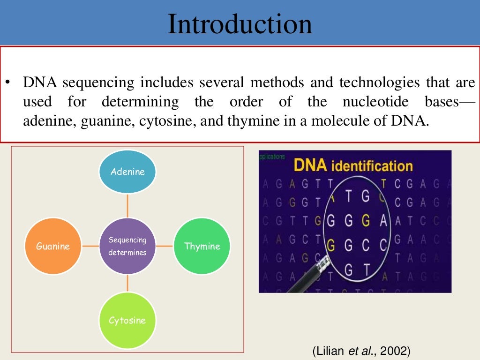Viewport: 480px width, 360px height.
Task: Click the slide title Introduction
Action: point(240,24)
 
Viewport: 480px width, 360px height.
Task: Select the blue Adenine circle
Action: point(127,172)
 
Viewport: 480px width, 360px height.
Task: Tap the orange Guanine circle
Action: point(53,246)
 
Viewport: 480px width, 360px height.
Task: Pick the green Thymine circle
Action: point(202,246)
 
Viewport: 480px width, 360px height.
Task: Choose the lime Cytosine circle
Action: point(127,321)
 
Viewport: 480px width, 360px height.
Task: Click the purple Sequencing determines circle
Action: point(127,246)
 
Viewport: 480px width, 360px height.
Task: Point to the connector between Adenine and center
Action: point(127,205)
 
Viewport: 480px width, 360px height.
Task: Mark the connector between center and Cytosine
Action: point(127,283)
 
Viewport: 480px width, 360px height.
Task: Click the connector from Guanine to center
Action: point(90,246)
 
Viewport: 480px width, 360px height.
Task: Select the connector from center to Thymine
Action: point(165,246)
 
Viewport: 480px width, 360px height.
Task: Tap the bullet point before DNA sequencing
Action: point(8,83)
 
